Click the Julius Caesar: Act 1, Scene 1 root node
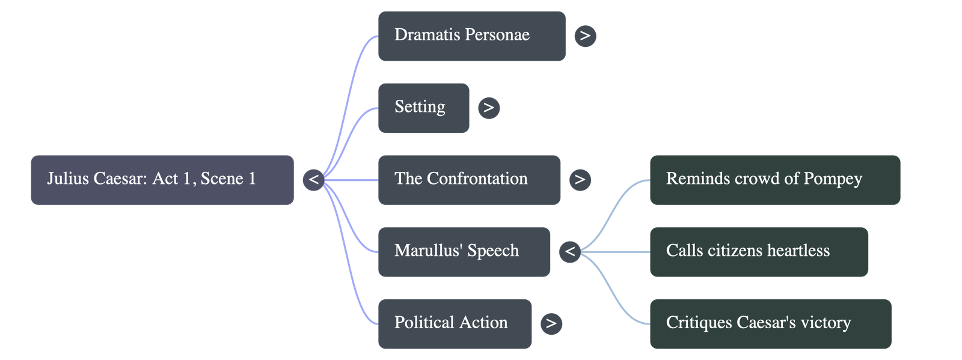162,180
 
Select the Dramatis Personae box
471,35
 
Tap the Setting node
423,108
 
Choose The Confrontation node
469,180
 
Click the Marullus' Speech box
464,252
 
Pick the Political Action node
455,323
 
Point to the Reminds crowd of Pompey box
774,180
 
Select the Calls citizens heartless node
758,252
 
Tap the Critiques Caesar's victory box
770,323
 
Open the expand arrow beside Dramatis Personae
585,36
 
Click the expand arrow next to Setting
489,108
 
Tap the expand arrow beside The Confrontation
580,180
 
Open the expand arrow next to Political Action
551,323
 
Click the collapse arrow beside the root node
313,180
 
